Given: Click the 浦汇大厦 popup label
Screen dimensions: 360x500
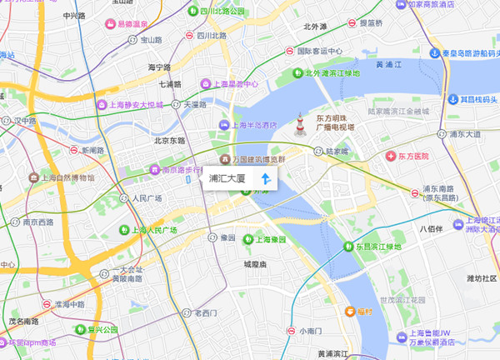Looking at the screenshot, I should (227, 178).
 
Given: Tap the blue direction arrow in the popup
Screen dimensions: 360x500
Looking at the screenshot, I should (265, 178).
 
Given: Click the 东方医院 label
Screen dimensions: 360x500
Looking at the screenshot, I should (412, 156).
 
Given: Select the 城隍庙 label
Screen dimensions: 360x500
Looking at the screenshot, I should (254, 264).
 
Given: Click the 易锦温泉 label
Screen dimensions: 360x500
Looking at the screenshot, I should (137, 24).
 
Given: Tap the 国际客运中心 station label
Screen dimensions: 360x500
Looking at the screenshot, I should (320, 50).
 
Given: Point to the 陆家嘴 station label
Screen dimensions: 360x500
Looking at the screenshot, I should (336, 152).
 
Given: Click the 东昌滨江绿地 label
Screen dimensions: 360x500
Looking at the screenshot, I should (379, 246).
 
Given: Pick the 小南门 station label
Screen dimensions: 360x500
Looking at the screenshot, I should (310, 331).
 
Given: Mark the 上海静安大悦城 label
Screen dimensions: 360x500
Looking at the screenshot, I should (138, 105).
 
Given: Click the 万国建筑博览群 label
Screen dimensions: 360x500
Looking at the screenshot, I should (257, 158).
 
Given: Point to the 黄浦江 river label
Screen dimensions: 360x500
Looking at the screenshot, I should (390, 64).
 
